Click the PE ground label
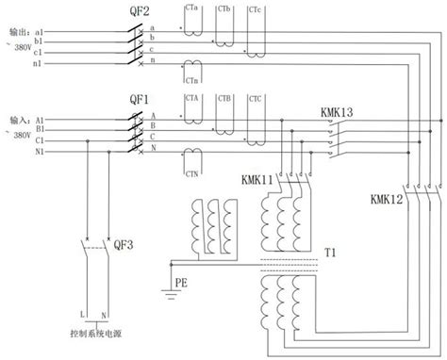point(179,281)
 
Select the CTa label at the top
point(193,8)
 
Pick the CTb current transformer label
point(224,8)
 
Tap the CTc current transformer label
point(256,8)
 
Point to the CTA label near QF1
point(193,99)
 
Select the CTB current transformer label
point(224,99)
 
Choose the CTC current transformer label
point(256,99)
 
